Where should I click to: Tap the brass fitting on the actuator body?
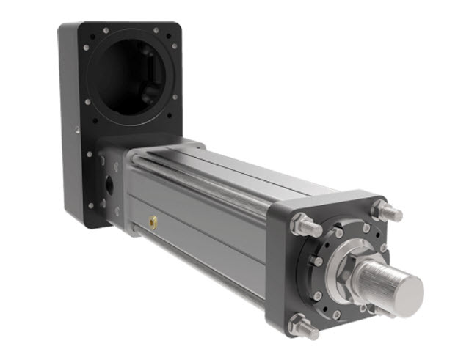[x=153, y=218]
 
